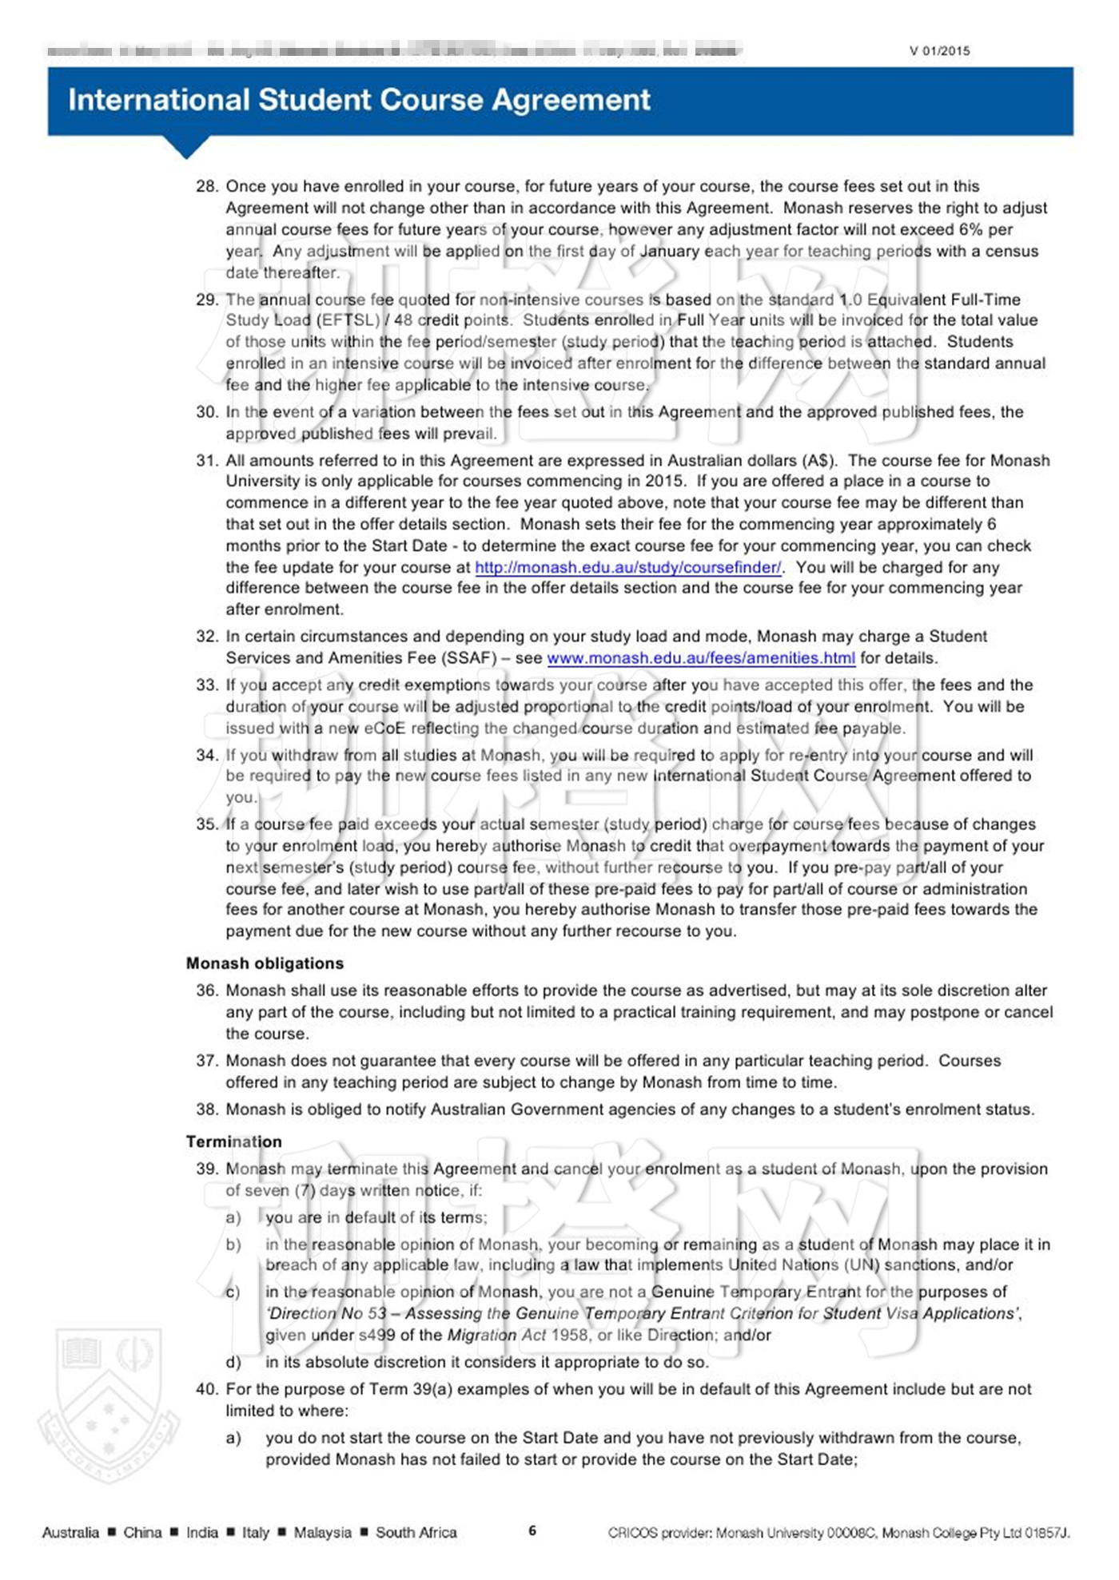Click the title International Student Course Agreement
point(359,100)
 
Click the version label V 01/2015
point(939,51)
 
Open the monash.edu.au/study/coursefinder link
point(627,567)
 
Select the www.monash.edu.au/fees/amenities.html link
point(700,658)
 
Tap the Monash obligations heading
point(265,963)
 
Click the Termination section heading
point(233,1141)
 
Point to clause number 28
point(206,186)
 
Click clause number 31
point(206,460)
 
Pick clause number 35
point(206,824)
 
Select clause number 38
point(206,1110)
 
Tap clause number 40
point(206,1389)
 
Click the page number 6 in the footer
point(532,1531)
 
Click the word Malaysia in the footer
point(322,1532)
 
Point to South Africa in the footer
point(416,1532)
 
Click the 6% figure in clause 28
point(970,229)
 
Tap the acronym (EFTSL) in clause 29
point(339,320)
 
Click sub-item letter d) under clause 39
point(233,1362)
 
